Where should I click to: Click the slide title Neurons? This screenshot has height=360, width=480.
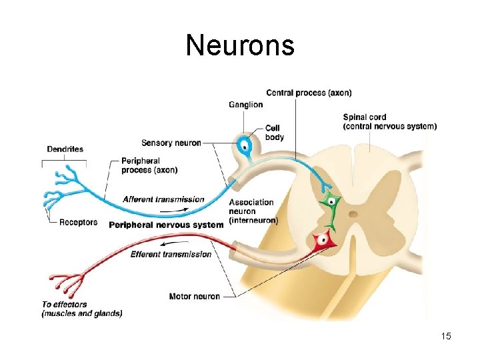click(x=239, y=45)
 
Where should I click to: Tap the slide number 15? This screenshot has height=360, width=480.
click(x=446, y=336)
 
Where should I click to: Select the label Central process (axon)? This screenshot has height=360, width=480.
click(x=309, y=93)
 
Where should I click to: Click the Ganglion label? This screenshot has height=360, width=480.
click(x=245, y=105)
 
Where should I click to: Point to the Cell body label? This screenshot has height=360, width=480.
click(x=274, y=133)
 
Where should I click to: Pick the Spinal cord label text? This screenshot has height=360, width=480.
click(x=390, y=121)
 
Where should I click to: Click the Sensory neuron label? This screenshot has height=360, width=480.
click(x=171, y=143)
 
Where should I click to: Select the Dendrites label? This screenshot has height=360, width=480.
click(x=65, y=149)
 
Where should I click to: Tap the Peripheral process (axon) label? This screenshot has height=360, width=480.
click(x=149, y=165)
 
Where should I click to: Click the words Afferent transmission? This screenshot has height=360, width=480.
click(x=163, y=199)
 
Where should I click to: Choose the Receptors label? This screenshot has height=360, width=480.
click(x=78, y=222)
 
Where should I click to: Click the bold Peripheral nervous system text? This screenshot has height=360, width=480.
click(x=166, y=225)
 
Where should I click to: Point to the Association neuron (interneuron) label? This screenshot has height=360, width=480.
click(x=253, y=211)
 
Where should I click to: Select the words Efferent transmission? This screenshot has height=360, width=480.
click(x=171, y=254)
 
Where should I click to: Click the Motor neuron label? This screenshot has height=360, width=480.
click(x=195, y=296)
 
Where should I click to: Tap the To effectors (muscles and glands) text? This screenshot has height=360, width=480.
click(x=82, y=309)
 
